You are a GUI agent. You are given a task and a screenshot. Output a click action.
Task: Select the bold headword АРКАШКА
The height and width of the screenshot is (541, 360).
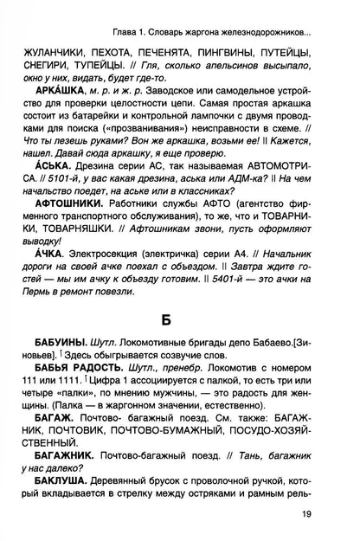tap(54, 114)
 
